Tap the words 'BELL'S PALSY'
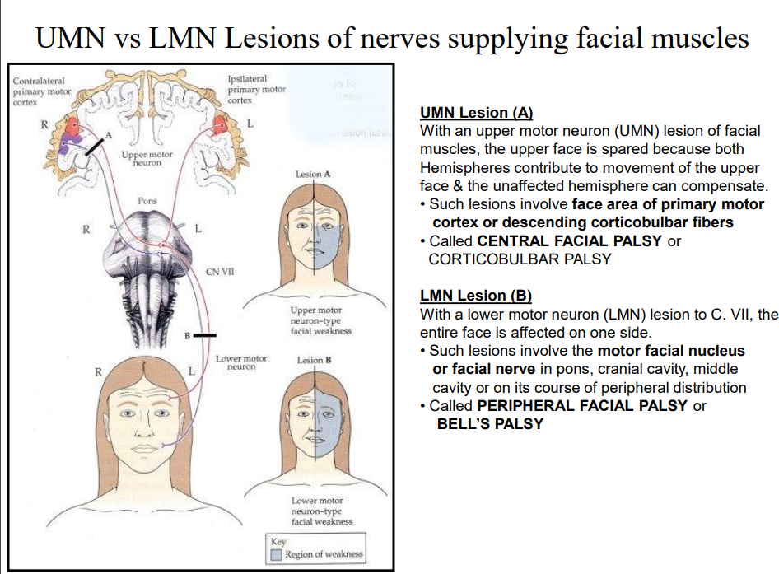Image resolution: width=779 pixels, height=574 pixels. pos(490,424)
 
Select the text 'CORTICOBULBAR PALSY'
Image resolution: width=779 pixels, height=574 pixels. pos(520,259)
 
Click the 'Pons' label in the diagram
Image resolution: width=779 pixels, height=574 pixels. pos(147,201)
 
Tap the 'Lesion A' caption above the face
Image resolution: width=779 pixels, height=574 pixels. pos(313,175)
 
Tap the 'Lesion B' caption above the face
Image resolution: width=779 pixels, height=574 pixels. pos(314,360)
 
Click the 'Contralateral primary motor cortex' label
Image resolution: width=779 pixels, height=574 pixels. pos(42,91)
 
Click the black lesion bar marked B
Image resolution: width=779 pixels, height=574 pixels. pos(205,335)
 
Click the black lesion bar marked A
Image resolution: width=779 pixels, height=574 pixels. pos(93,147)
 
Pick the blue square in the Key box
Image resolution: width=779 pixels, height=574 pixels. pos(278,554)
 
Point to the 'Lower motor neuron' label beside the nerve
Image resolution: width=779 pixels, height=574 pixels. pos(240,362)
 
